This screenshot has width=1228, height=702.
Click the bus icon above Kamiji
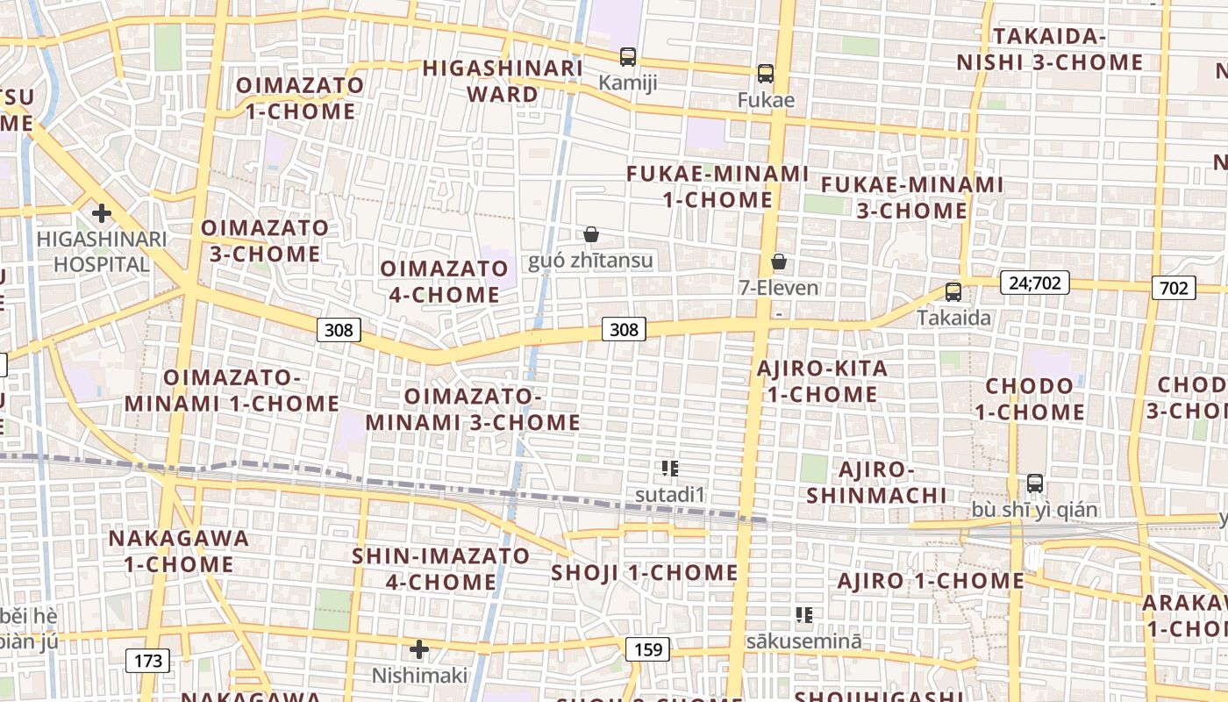tap(627, 57)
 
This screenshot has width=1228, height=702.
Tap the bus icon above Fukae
tap(766, 74)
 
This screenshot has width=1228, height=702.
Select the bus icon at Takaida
tap(953, 292)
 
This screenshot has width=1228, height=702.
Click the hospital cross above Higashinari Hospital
tap(102, 212)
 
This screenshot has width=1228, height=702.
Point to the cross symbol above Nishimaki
tap(419, 649)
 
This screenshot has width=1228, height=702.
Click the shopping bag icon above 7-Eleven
tap(778, 261)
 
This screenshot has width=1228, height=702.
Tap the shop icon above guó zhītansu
tap(591, 234)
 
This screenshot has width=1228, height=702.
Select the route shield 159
tap(647, 649)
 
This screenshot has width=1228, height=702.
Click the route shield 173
tap(148, 661)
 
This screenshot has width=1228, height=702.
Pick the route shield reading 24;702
tap(1034, 283)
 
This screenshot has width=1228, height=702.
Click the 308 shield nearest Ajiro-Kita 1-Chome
tap(624, 329)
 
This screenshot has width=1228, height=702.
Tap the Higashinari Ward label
tap(503, 81)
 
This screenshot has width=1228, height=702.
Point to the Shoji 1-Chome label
tap(645, 573)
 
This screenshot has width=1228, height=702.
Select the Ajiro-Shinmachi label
tap(876, 482)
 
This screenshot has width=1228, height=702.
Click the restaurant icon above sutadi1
tap(671, 469)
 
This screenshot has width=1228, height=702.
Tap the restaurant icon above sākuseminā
tap(803, 615)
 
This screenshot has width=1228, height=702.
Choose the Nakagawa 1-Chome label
tap(179, 550)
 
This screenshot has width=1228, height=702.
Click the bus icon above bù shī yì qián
tap(1035, 484)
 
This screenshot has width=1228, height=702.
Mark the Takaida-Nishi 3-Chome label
tap(1050, 49)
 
